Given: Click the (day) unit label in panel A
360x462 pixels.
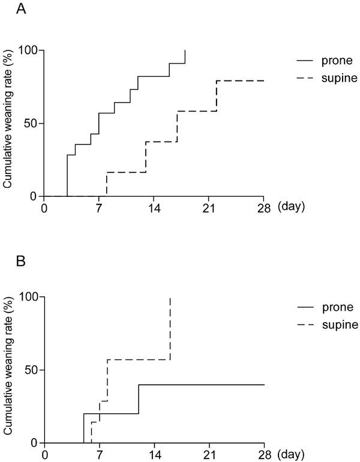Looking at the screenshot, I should (x=291, y=208).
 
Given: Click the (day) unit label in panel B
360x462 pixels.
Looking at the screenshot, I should (x=291, y=454).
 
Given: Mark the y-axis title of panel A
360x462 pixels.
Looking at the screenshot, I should (x=8, y=122).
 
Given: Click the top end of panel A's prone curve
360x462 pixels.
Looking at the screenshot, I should (x=185, y=51).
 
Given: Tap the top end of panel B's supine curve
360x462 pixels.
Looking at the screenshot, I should (x=171, y=298).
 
